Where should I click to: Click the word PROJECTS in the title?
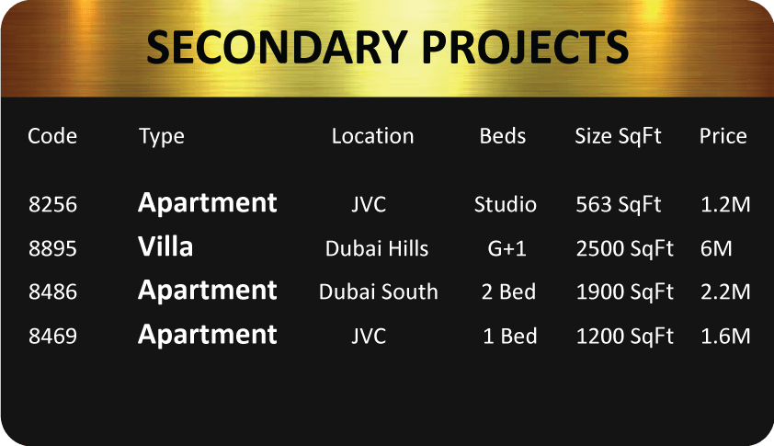[x=525, y=47]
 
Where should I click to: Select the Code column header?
[x=52, y=136]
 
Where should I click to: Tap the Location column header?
[x=372, y=136]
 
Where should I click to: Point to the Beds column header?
[x=503, y=136]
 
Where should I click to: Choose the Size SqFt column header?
[x=618, y=136]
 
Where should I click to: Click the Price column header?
[x=723, y=136]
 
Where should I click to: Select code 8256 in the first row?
[x=52, y=204]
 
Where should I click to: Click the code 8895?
[x=52, y=248]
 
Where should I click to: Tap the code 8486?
[x=52, y=292]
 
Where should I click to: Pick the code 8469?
[x=52, y=337]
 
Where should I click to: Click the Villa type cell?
[x=165, y=246]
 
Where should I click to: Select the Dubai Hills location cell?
[x=377, y=248]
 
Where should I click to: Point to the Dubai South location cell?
[x=378, y=292]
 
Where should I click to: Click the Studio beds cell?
[x=505, y=204]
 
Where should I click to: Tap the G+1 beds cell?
[x=507, y=248]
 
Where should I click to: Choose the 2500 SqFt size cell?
[x=625, y=249]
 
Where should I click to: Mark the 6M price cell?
[x=716, y=248]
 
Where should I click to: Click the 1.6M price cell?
[x=725, y=337]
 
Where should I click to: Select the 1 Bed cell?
[x=510, y=337]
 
